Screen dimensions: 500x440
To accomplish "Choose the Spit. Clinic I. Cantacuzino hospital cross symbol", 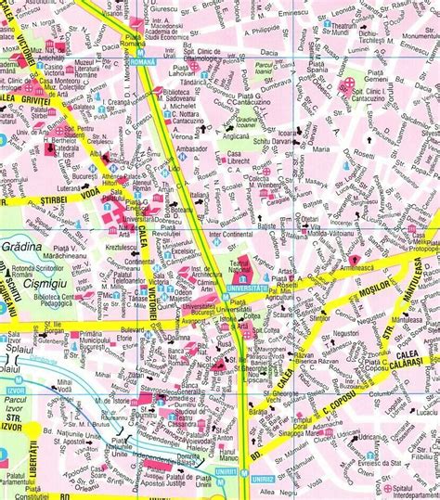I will pos(348,86).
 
